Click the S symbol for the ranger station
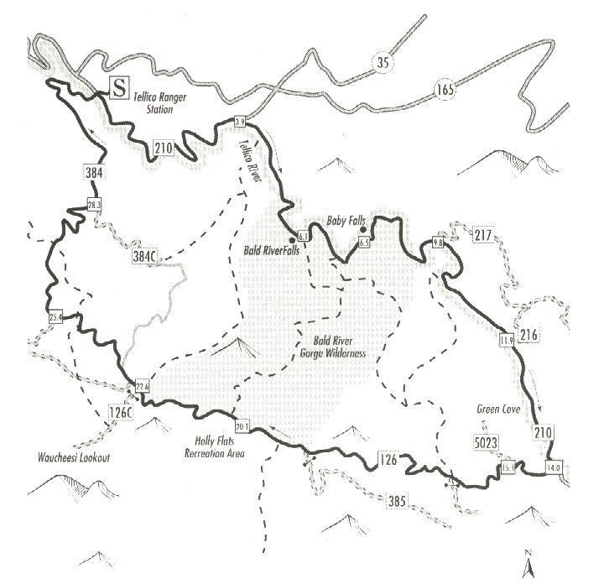tap(121, 86)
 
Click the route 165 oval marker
tap(446, 90)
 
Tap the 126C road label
tap(121, 412)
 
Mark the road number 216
tap(528, 336)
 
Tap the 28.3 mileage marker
tap(94, 204)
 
